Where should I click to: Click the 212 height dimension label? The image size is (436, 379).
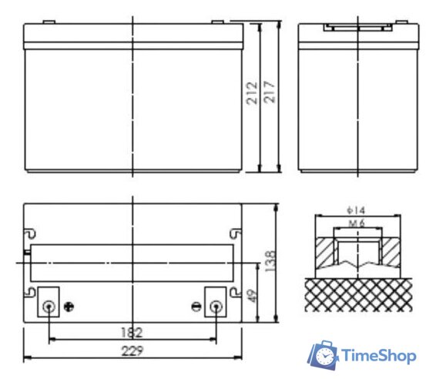(x=252, y=93)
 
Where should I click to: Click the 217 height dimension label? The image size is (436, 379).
(x=269, y=92)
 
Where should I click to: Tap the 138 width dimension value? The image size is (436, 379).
(x=270, y=261)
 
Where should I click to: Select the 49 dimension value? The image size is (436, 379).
(x=252, y=297)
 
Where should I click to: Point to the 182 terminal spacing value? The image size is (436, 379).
(x=132, y=332)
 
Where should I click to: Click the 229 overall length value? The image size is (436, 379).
(x=132, y=350)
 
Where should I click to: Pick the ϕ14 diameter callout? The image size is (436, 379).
(x=356, y=210)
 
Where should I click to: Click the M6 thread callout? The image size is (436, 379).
(x=357, y=223)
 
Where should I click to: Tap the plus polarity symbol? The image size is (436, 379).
(x=69, y=307)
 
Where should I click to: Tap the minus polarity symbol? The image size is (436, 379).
(x=196, y=307)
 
